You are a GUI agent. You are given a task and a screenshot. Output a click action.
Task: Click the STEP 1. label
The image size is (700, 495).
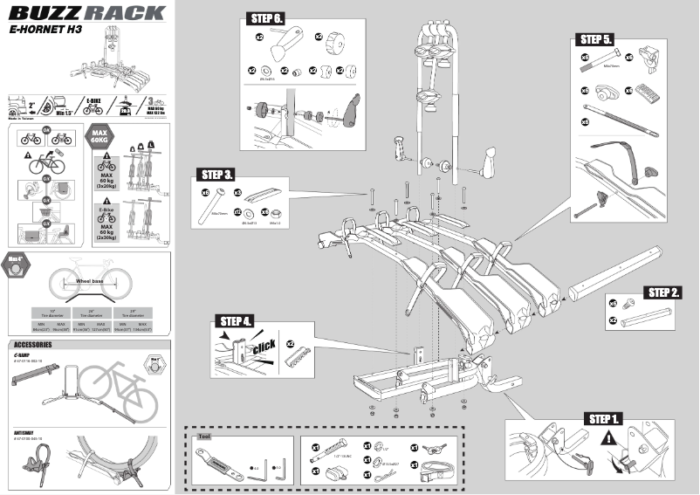(x=604, y=419)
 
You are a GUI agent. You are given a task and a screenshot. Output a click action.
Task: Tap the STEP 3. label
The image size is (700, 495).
(x=216, y=174)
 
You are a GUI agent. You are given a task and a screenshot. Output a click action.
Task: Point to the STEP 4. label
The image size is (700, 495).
(x=236, y=321)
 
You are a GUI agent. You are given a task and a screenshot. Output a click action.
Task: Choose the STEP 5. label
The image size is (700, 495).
(x=595, y=39)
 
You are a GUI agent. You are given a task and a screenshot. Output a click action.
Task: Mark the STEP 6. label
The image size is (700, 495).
(x=267, y=18)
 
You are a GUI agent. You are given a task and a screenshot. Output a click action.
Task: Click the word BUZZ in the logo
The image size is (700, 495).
(x=43, y=12)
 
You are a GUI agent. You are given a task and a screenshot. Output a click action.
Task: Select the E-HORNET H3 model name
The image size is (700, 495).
(x=40, y=29)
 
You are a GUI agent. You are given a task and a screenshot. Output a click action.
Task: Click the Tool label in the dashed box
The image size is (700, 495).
(x=205, y=435)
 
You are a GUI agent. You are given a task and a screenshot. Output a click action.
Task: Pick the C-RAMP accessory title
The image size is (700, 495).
(x=23, y=356)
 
